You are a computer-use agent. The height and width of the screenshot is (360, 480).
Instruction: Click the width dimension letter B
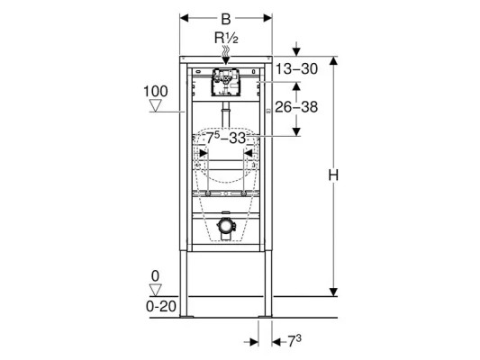(226, 19)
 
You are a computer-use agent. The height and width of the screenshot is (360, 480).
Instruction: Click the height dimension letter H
(333, 175)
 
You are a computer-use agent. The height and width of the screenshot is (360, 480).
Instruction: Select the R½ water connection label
(226, 38)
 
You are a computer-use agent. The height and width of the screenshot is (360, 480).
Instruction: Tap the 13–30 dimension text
(296, 69)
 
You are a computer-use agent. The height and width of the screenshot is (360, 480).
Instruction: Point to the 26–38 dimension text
(296, 107)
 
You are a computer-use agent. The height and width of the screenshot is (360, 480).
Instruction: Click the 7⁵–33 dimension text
(226, 138)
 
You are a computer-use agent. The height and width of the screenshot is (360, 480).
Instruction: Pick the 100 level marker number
(156, 91)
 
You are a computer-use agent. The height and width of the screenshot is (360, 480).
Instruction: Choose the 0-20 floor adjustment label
(161, 306)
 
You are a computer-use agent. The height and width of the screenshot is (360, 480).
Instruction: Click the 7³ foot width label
(294, 341)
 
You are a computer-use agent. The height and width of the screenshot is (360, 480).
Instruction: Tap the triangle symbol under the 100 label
(156, 105)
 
